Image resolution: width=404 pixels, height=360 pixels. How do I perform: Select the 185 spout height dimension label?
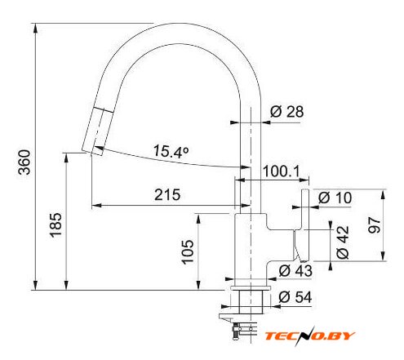pyautogui.click(x=56, y=224)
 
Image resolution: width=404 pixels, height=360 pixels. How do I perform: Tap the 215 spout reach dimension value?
pyautogui.click(x=167, y=194)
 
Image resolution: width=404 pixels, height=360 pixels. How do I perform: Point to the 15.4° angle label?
pyautogui.click(x=171, y=151)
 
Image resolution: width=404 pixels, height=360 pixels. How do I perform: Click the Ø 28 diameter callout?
pyautogui.click(x=287, y=112)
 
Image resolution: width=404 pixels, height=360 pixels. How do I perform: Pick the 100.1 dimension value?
pyautogui.click(x=281, y=171)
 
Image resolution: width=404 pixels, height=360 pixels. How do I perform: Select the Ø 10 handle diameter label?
pyautogui.click(x=335, y=198)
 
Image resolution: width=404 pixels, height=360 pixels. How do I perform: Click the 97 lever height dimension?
pyautogui.click(x=374, y=225)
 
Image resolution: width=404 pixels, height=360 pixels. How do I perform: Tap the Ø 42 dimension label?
pyautogui.click(x=343, y=242)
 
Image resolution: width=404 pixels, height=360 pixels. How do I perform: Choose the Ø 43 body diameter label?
pyautogui.click(x=295, y=271)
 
